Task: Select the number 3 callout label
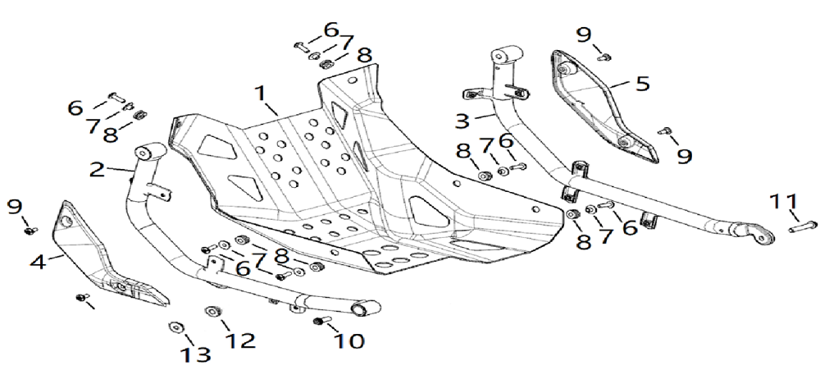pos(462,121)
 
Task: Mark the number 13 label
pos(197,354)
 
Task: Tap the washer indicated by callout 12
pos(210,311)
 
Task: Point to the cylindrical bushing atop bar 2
pos(148,154)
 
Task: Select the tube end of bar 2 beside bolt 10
pos(362,309)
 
